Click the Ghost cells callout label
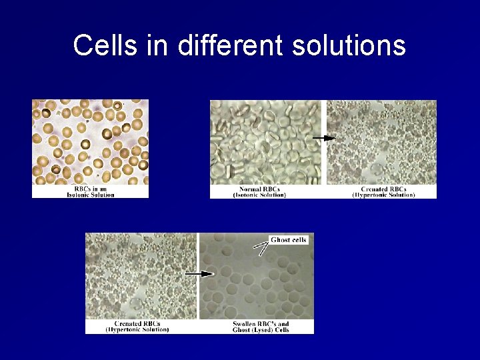(x=289, y=239)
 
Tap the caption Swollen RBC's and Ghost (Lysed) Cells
(x=261, y=327)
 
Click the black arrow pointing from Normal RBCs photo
(x=323, y=138)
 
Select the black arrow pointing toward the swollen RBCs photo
(x=199, y=273)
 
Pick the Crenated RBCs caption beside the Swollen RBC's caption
(x=137, y=327)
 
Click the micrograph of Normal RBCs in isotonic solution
(x=265, y=142)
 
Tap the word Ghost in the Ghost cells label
(x=281, y=239)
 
